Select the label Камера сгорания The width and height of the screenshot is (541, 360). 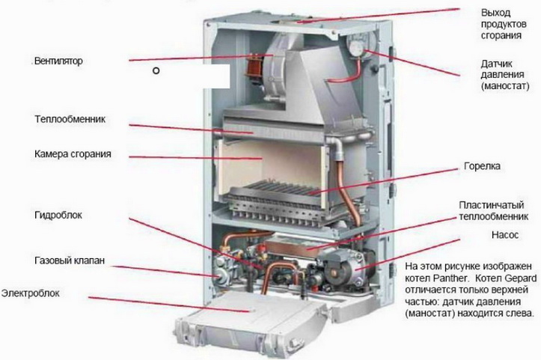[x=72, y=153]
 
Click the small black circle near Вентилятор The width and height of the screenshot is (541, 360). [x=156, y=72]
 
